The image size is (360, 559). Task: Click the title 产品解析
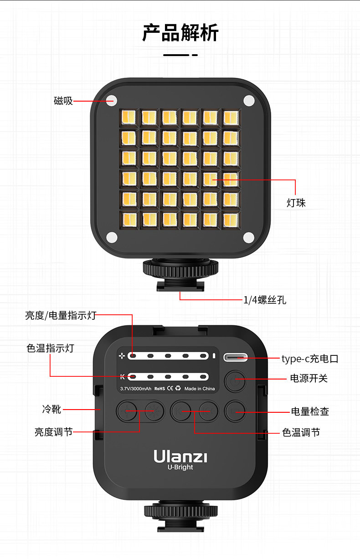(180, 33)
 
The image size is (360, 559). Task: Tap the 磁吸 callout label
(63, 101)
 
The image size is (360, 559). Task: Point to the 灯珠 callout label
(296, 203)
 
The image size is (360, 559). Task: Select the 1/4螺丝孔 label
(264, 300)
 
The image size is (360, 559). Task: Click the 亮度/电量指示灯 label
(61, 315)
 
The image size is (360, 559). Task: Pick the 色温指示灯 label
(50, 348)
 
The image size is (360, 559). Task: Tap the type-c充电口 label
(309, 359)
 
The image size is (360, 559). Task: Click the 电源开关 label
(309, 378)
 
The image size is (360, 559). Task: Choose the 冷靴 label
(51, 409)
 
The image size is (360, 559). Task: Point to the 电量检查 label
(310, 411)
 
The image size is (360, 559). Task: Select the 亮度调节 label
(53, 432)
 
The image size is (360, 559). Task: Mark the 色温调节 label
(301, 432)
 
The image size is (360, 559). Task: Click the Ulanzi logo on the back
(180, 456)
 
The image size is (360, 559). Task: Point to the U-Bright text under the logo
(180, 467)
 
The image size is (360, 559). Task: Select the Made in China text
(200, 389)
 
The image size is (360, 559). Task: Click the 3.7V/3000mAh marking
(135, 389)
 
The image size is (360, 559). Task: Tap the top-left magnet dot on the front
(112, 100)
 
